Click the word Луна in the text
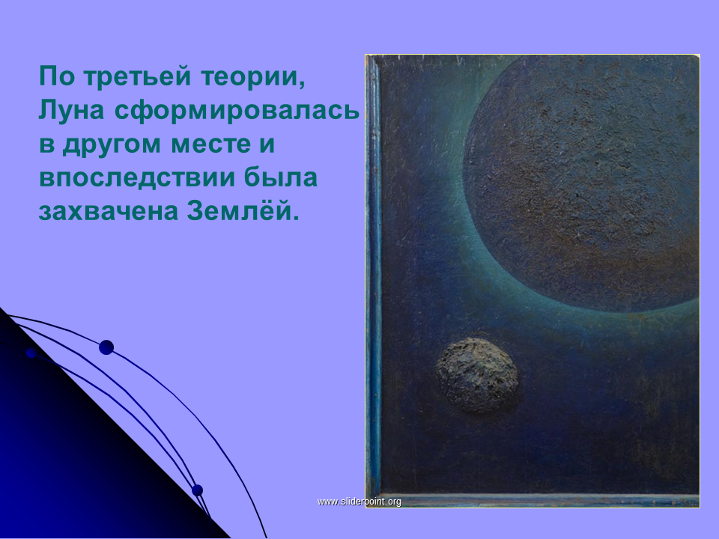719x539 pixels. click(x=72, y=110)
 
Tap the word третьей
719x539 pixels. click(x=137, y=76)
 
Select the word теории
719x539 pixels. click(x=252, y=76)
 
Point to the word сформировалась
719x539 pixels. click(x=237, y=112)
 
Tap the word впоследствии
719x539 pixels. click(x=137, y=179)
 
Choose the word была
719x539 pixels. click(x=281, y=177)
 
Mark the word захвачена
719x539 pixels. click(x=108, y=211)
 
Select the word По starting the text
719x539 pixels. click(x=57, y=76)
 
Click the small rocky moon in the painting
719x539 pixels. click(x=477, y=375)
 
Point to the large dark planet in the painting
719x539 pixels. click(x=581, y=183)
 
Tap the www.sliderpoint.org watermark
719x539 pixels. click(x=359, y=502)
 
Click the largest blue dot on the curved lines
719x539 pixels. click(x=106, y=347)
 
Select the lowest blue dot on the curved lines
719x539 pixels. click(x=197, y=490)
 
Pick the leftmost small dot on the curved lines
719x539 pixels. click(x=31, y=353)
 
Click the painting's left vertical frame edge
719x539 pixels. click(x=374, y=275)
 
